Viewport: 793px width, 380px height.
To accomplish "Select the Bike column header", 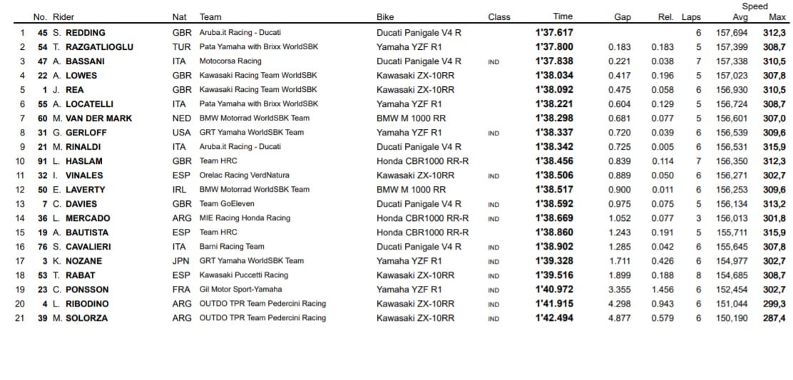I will click(x=386, y=17).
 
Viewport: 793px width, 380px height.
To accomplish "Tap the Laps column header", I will click(x=691, y=17).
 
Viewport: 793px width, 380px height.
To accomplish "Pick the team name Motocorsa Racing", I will click(x=230, y=61).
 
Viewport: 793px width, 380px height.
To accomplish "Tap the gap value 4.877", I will click(x=620, y=318).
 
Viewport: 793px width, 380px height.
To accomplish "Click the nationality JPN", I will click(x=182, y=261).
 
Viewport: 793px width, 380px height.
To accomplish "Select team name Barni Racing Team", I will click(x=232, y=247).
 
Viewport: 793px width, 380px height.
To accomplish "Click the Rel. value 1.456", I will click(x=662, y=289).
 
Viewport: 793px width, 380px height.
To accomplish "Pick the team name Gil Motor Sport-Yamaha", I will click(x=240, y=289).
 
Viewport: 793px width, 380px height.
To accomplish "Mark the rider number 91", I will click(x=43, y=161).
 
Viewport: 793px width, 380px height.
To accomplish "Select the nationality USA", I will click(x=182, y=133).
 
